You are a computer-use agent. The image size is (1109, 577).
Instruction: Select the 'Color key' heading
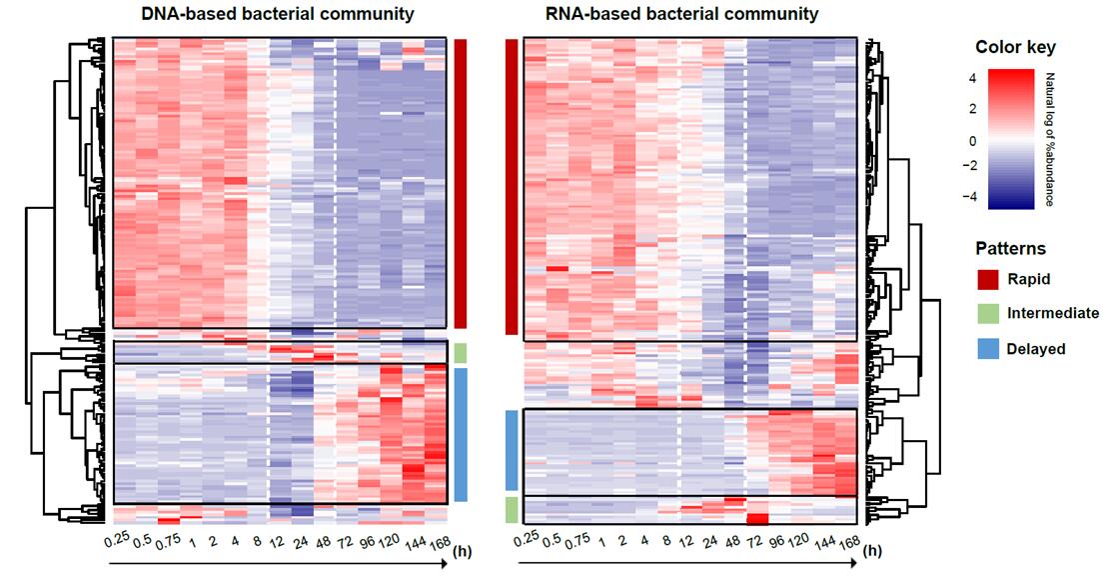[1015, 47]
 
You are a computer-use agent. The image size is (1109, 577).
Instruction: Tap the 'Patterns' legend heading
[1011, 248]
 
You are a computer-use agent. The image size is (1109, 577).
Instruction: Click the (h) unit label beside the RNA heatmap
[873, 550]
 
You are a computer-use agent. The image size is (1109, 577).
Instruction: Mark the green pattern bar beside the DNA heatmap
[461, 353]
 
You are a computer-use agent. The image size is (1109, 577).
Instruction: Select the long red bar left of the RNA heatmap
[511, 187]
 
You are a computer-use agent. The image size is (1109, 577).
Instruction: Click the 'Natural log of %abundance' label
[1049, 139]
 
